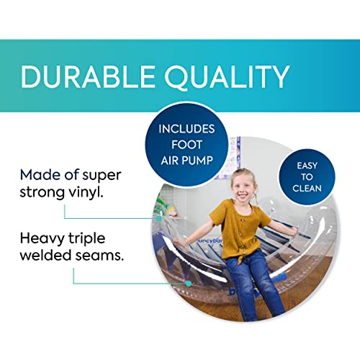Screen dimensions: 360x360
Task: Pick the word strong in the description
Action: click(45, 193)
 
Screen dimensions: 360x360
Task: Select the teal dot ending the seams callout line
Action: click(187, 283)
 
